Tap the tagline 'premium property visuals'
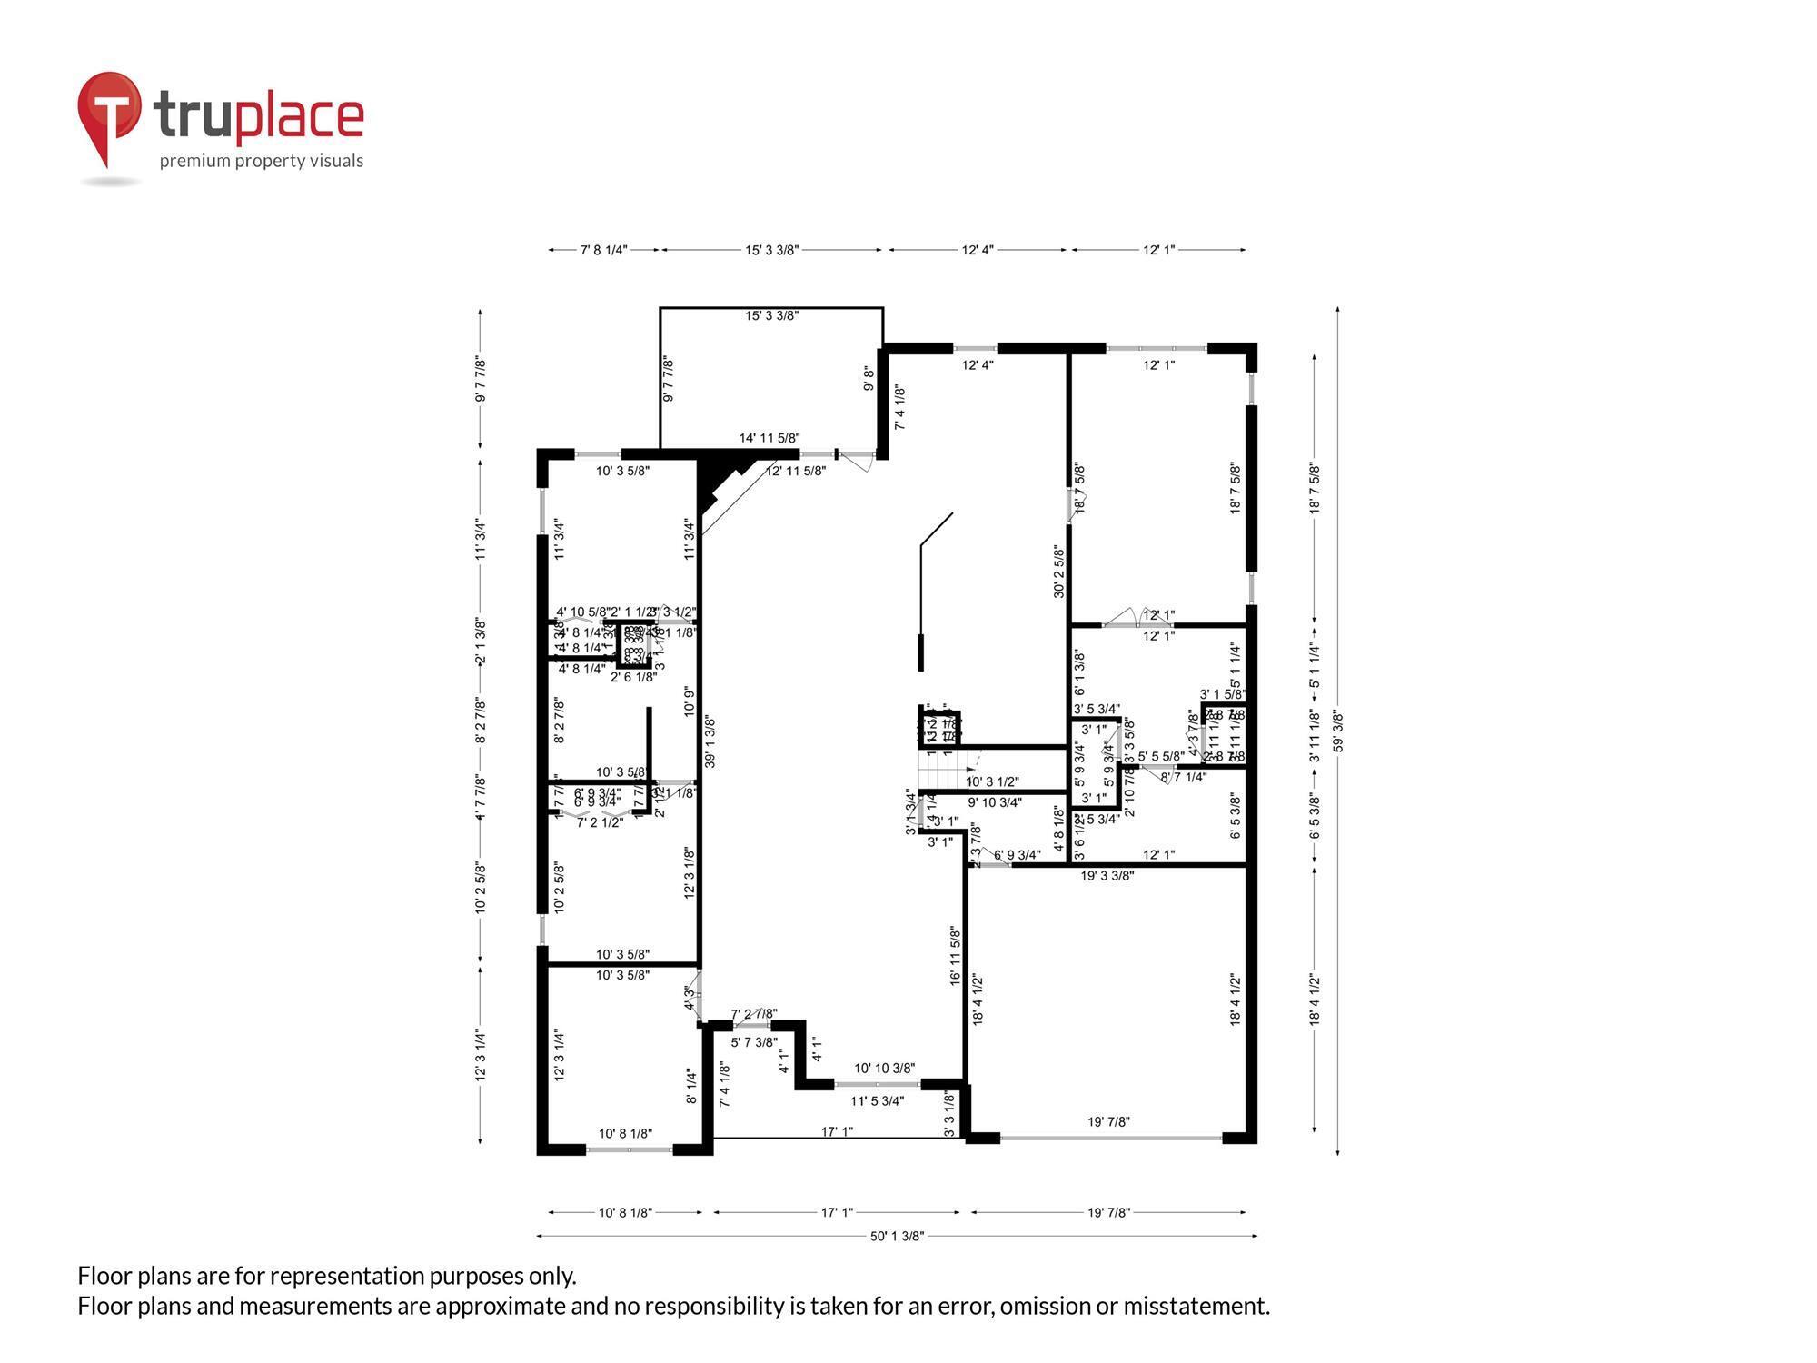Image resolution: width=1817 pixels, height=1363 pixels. click(x=262, y=161)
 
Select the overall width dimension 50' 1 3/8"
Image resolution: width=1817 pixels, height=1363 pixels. click(x=897, y=1236)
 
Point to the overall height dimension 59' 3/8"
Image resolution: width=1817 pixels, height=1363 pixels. click(x=1338, y=731)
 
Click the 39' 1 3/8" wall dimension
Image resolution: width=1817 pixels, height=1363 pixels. click(x=710, y=741)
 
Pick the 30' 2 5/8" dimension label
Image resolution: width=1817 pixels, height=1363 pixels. click(x=1059, y=571)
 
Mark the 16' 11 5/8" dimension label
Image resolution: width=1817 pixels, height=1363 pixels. click(x=955, y=955)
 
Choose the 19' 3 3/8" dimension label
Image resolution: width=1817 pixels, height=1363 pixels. click(x=1107, y=876)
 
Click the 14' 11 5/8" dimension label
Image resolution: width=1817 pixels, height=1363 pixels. click(x=769, y=438)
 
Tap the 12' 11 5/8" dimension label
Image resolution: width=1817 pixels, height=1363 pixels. click(x=796, y=471)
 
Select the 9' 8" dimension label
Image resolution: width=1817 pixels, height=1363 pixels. click(x=869, y=378)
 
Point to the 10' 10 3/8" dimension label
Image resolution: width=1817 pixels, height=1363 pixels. click(x=884, y=1068)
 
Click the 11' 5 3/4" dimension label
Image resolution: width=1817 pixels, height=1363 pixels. click(x=877, y=1101)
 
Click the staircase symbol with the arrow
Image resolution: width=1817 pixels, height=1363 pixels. click(x=945, y=771)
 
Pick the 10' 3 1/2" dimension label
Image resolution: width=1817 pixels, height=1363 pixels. click(x=992, y=781)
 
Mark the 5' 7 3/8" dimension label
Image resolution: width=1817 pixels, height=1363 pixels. click(x=754, y=1042)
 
